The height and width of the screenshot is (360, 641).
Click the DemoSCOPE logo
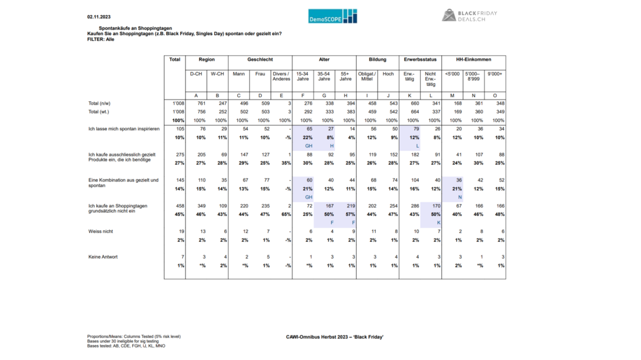pyautogui.click(x=333, y=16)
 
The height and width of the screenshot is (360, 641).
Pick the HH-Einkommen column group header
pyautogui.click(x=474, y=59)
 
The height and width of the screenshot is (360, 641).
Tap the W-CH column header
pyautogui.click(x=217, y=74)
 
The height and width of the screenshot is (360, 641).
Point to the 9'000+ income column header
pyautogui.click(x=495, y=74)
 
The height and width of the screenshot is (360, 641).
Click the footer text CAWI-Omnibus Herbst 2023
pyautogui.click(x=334, y=338)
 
